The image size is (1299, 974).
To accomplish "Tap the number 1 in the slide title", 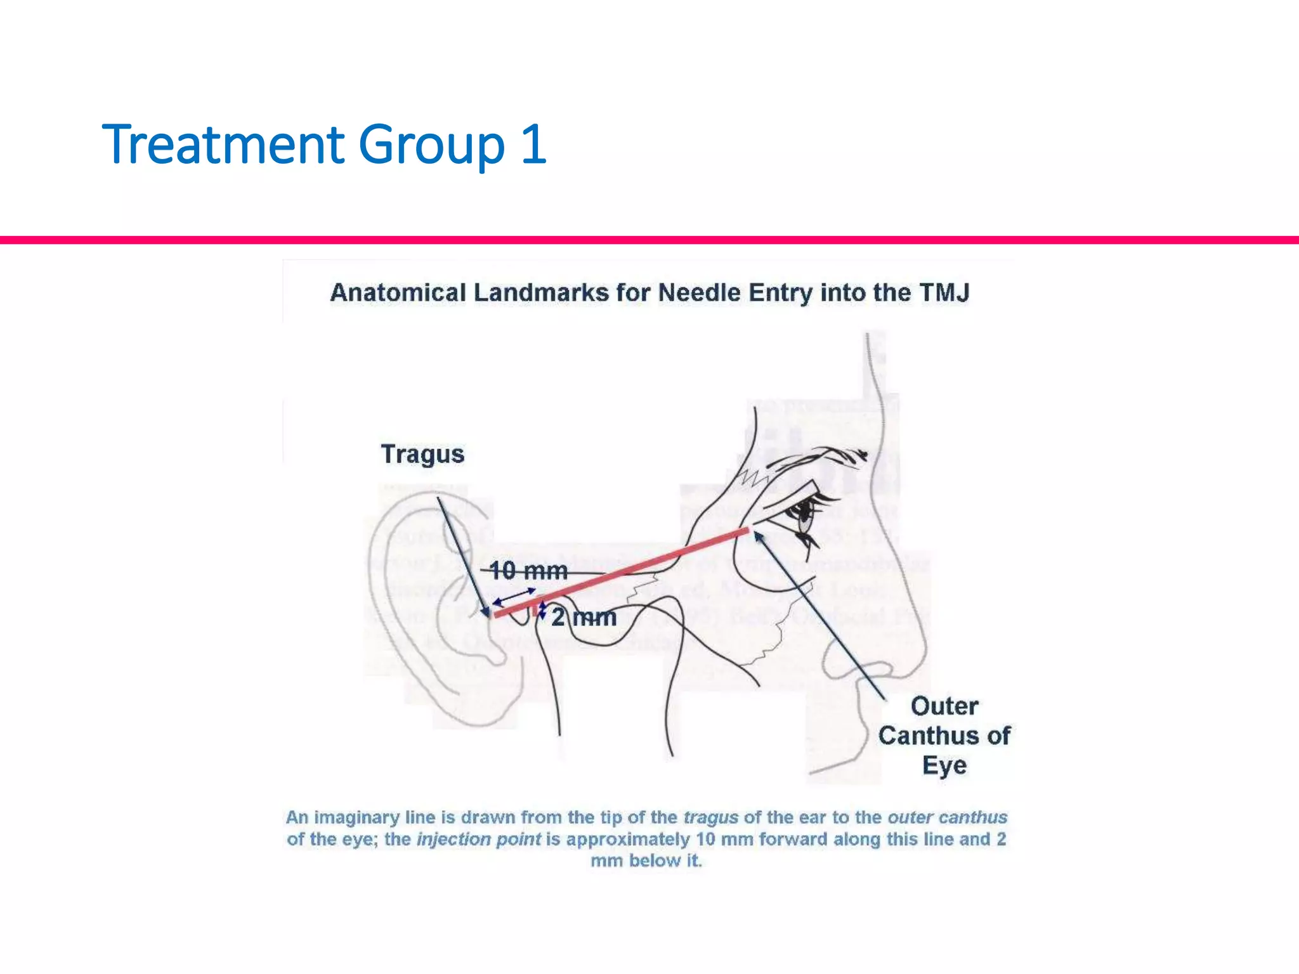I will click(x=533, y=145).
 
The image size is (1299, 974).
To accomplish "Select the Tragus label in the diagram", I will click(x=422, y=454).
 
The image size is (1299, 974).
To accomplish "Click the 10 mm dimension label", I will click(x=528, y=571).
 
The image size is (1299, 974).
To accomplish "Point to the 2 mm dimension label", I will click(x=584, y=617).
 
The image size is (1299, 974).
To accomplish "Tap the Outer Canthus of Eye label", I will click(x=944, y=736).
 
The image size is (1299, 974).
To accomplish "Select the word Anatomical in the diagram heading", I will click(x=398, y=293).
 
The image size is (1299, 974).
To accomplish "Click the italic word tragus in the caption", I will click(x=710, y=817).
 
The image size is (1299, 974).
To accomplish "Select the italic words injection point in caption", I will click(x=479, y=839).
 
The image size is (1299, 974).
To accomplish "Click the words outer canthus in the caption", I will click(x=947, y=817).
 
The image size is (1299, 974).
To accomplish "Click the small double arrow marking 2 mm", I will click(x=543, y=610).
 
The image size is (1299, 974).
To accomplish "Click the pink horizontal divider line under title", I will click(x=649, y=240).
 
